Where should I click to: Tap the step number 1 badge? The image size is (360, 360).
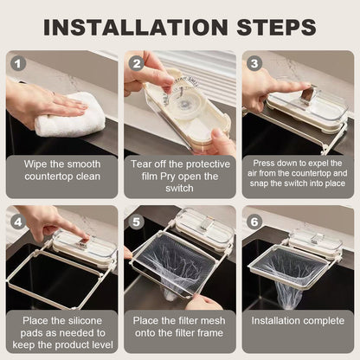click(20, 63)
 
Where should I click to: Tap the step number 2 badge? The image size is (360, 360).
click(137, 63)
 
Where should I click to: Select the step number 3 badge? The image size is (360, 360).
click(254, 63)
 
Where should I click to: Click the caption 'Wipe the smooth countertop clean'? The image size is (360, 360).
click(62, 177)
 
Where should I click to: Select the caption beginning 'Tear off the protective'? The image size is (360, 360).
click(179, 177)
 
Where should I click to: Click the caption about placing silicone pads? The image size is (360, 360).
click(62, 331)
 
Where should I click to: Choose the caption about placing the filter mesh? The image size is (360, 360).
click(179, 331)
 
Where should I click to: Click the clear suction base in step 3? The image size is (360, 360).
click(307, 102)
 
